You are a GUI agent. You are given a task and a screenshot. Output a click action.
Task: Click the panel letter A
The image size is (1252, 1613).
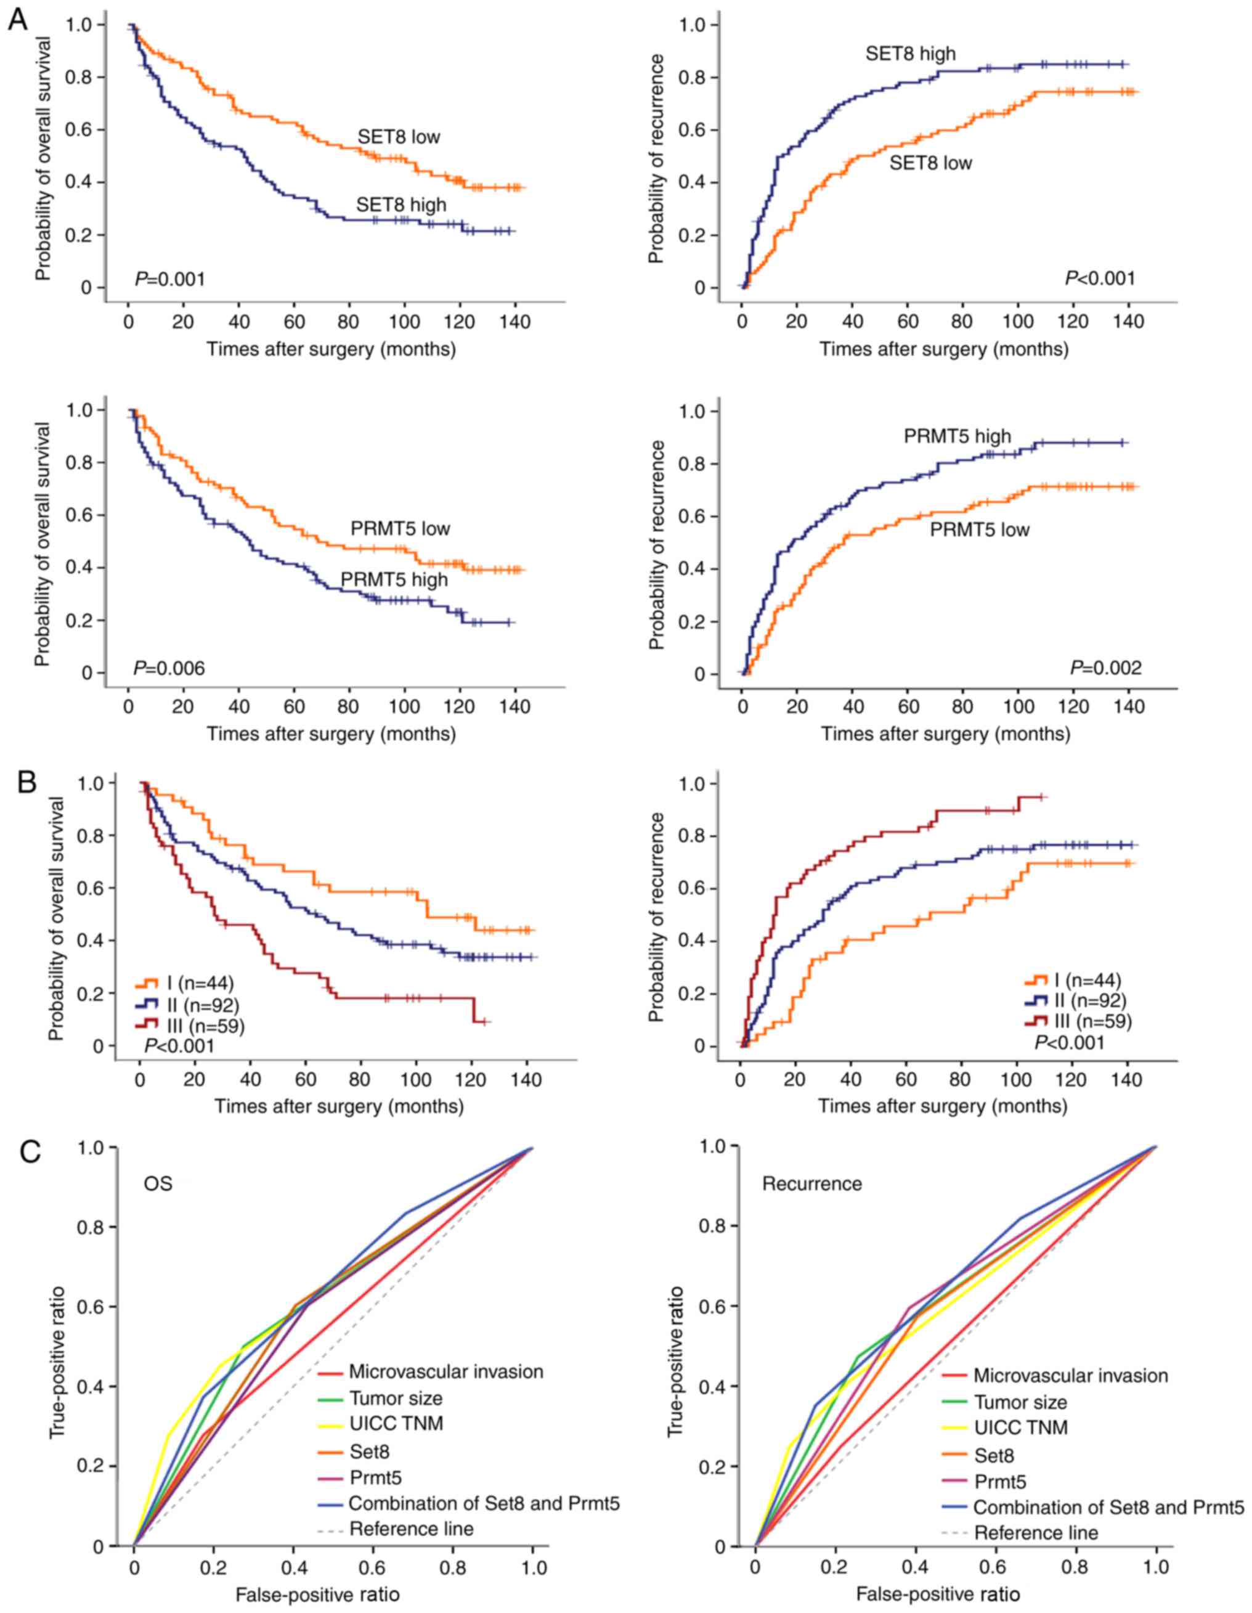(18, 19)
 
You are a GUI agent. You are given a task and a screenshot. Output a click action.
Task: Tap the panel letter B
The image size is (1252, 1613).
(26, 782)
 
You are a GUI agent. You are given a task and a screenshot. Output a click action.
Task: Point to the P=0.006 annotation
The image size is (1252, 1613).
(169, 669)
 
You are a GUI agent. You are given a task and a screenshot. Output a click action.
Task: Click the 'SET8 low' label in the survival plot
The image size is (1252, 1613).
(399, 137)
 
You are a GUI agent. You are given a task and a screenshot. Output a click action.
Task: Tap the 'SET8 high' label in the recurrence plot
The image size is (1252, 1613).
(910, 54)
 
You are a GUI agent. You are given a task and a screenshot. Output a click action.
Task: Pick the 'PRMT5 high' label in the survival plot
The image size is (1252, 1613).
(394, 580)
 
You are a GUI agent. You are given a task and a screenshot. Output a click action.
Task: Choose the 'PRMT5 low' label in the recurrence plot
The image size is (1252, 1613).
(979, 529)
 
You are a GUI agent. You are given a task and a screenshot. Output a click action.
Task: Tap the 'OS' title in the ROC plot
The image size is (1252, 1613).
(157, 1184)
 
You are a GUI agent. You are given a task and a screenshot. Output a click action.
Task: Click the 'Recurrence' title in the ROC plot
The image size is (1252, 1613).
(812, 1184)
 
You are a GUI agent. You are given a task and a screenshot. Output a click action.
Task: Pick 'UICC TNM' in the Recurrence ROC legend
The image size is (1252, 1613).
(1021, 1427)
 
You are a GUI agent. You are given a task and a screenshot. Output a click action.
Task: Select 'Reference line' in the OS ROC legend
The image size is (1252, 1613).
(411, 1529)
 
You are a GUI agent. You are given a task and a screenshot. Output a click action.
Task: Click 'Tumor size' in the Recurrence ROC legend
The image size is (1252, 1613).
(1020, 1402)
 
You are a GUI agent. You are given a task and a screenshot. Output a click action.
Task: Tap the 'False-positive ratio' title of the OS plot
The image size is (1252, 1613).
(317, 1595)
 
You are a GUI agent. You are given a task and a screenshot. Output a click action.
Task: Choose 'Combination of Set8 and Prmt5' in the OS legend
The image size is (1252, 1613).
(484, 1503)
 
